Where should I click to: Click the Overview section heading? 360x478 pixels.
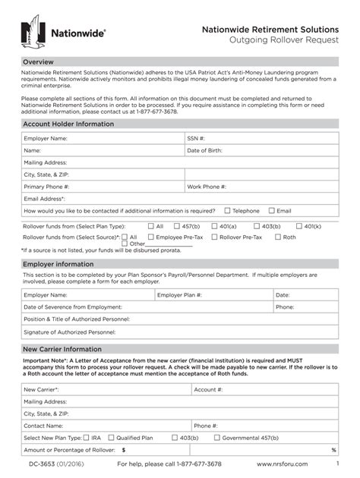pos(37,61)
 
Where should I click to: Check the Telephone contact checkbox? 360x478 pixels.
pos(227,211)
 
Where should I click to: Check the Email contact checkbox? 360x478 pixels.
pos(271,211)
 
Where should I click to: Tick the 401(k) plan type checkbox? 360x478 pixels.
pos(298,226)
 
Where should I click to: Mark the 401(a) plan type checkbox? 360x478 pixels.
pos(214,226)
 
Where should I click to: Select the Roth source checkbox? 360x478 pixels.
pos(277,237)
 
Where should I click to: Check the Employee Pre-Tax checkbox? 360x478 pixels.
pos(150,237)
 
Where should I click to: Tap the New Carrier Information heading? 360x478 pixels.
pos(62,350)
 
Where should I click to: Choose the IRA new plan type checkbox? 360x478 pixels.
pos(87,438)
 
